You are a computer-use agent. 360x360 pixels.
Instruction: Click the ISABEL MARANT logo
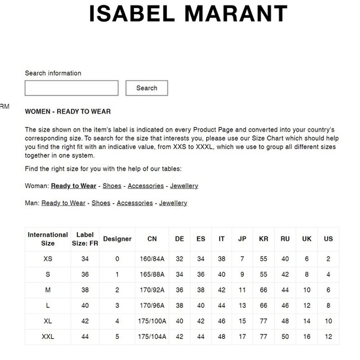pyautogui.click(x=188, y=14)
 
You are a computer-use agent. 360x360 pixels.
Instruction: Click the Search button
pyautogui.click(x=146, y=88)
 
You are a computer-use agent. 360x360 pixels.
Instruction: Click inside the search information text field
pyautogui.click(x=71, y=88)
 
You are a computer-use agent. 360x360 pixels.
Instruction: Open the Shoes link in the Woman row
pyautogui.click(x=112, y=186)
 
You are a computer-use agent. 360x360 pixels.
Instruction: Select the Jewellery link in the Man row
pyautogui.click(x=173, y=203)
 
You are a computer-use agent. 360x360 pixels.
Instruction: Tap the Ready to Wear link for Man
pyautogui.click(x=63, y=203)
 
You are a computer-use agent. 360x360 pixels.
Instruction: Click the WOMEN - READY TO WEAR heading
pyautogui.click(x=68, y=112)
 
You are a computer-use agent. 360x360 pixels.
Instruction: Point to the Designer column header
pyautogui.click(x=117, y=239)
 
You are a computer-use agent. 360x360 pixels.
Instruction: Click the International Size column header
pyautogui.click(x=48, y=239)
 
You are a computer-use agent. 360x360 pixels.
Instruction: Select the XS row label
pyautogui.click(x=48, y=259)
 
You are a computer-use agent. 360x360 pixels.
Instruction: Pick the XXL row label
pyautogui.click(x=48, y=336)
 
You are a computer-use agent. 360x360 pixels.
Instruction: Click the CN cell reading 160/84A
pyautogui.click(x=152, y=259)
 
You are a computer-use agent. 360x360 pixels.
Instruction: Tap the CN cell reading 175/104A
pyautogui.click(x=152, y=336)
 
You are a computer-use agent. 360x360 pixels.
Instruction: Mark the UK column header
pyautogui.click(x=307, y=239)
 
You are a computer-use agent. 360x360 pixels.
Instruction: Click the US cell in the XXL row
pyautogui.click(x=328, y=336)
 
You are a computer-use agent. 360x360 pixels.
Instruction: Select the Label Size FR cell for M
pyautogui.click(x=85, y=290)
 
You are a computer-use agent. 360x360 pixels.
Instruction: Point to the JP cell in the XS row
pyautogui.click(x=242, y=259)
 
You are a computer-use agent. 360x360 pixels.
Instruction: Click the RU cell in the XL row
pyautogui.click(x=285, y=322)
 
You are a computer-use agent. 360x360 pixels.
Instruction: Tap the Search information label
pyautogui.click(x=53, y=73)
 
